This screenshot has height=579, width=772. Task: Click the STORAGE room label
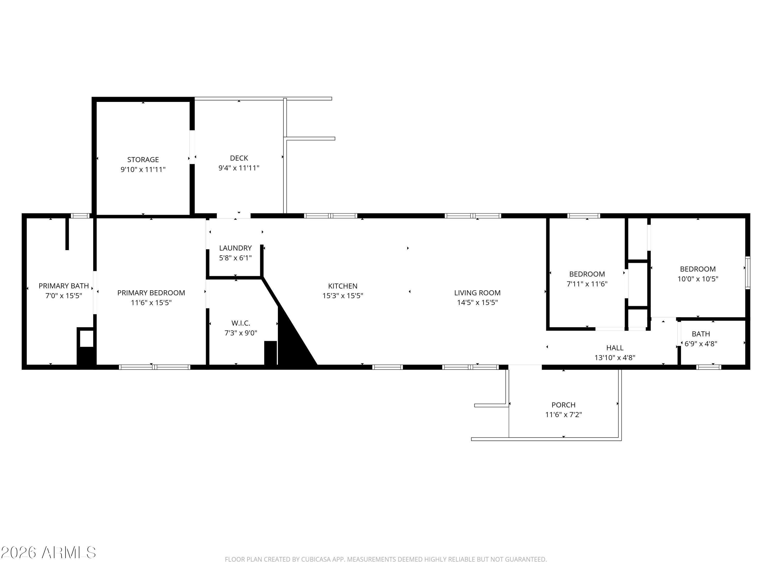click(143, 160)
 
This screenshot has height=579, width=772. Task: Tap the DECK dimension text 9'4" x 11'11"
click(239, 168)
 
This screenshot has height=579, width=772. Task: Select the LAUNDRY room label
click(235, 248)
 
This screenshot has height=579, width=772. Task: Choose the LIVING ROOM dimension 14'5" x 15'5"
click(477, 302)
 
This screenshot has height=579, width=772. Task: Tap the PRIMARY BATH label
click(64, 286)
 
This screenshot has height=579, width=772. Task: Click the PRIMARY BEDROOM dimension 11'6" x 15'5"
click(151, 302)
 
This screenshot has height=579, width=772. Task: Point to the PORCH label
click(563, 405)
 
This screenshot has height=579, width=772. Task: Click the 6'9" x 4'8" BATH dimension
click(700, 344)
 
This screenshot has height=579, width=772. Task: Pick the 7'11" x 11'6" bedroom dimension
click(587, 284)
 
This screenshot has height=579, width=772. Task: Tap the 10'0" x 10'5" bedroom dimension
click(698, 279)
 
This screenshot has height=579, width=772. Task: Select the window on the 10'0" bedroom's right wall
click(748, 273)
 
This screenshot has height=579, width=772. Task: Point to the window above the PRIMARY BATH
click(80, 216)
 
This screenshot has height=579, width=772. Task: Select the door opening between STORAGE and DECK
click(192, 147)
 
